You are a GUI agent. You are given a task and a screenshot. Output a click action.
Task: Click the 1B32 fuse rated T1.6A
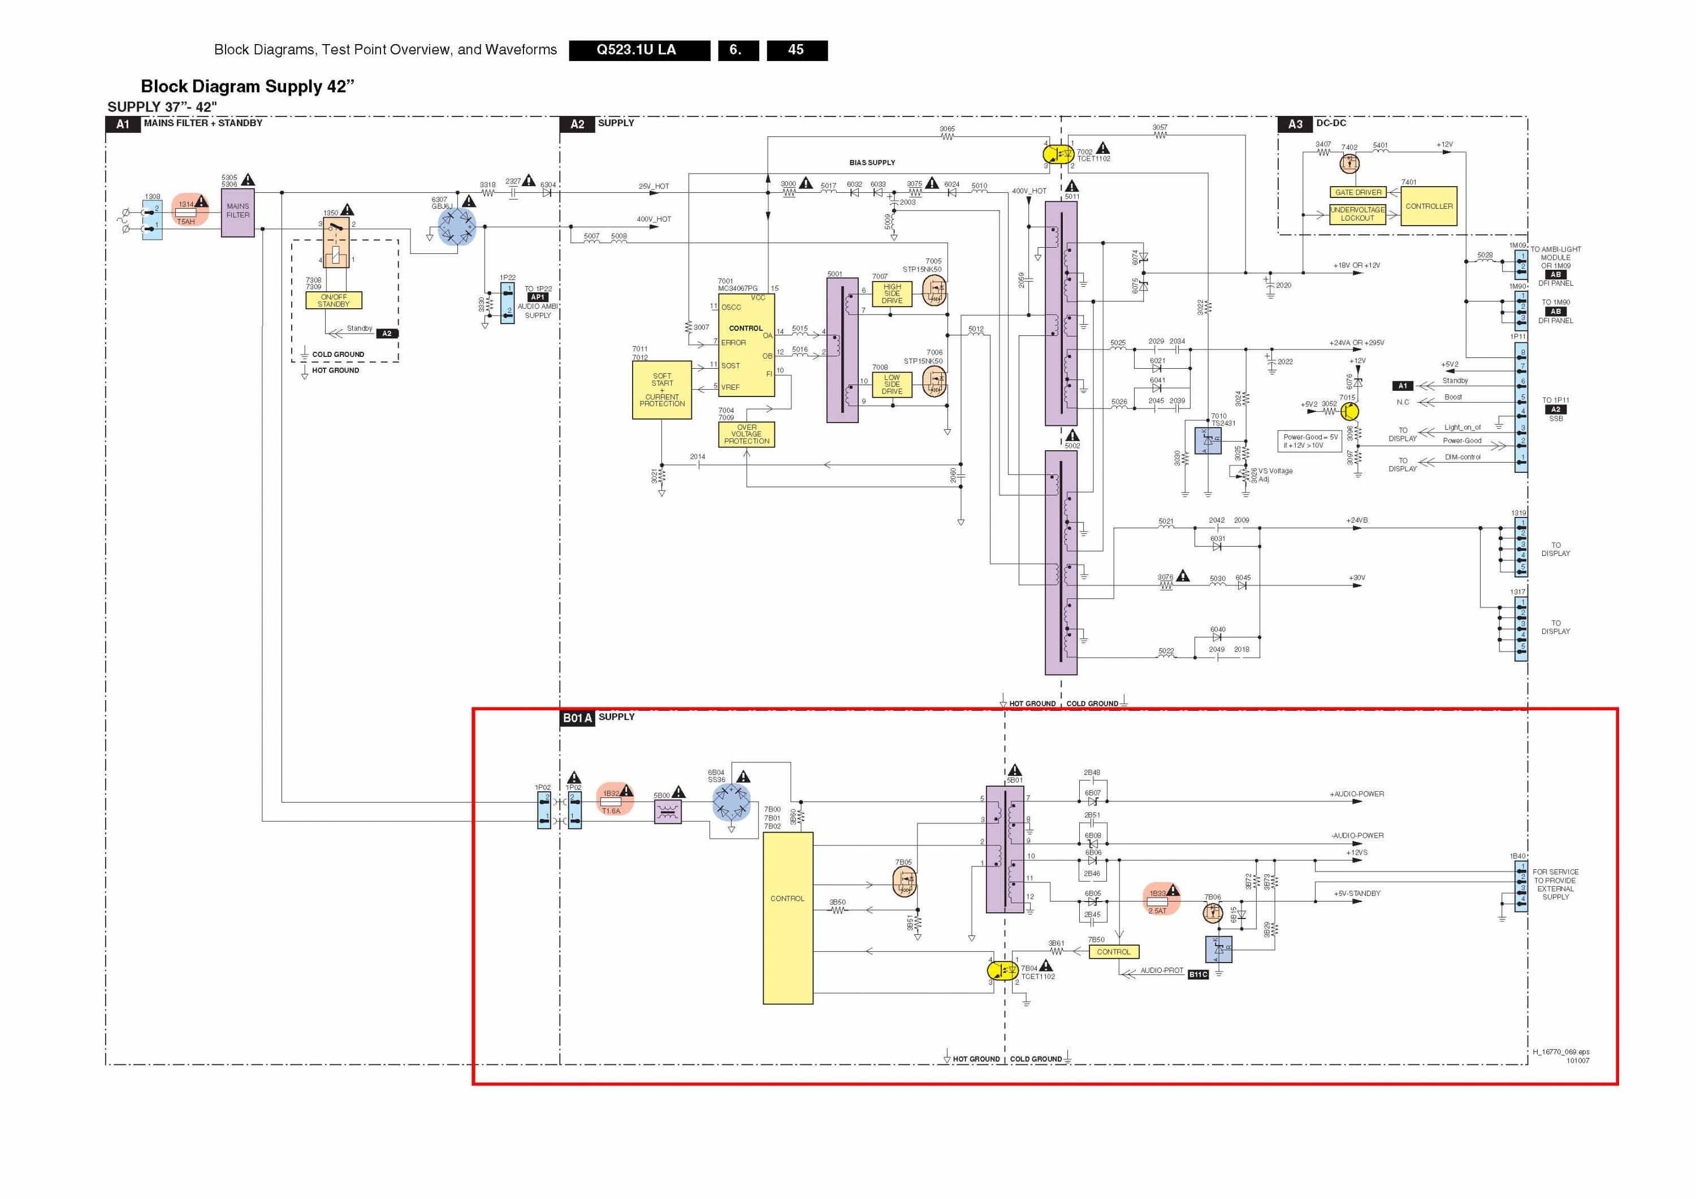[x=611, y=801]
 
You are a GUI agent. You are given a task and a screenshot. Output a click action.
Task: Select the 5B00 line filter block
[x=668, y=812]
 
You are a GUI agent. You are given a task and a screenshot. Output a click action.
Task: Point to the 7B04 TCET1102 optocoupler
[x=1002, y=970]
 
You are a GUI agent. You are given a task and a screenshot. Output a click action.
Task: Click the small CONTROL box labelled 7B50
[x=1113, y=951]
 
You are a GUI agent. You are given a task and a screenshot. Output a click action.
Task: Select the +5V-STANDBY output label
[x=1357, y=893]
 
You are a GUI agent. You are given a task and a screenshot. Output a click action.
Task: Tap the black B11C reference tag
[x=1197, y=974]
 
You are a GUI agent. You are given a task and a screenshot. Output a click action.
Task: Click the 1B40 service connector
[x=1521, y=886]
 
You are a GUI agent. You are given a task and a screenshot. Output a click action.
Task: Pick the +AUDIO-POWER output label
[x=1357, y=794]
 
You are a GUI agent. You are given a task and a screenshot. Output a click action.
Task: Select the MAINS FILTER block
[x=238, y=212]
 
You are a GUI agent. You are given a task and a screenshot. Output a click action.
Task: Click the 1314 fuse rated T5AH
[x=185, y=212]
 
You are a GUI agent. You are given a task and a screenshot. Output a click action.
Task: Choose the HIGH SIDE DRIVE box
[x=892, y=294]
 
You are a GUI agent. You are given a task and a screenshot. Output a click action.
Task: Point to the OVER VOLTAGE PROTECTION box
[x=746, y=434]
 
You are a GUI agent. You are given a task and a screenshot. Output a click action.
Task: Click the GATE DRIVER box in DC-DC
[x=1358, y=192]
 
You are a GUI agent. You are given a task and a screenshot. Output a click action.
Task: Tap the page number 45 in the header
[x=797, y=50]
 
